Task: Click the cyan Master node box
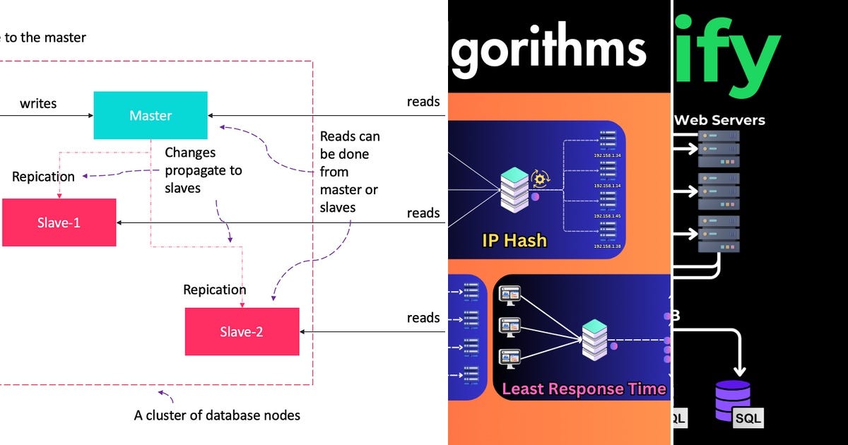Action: click(x=151, y=115)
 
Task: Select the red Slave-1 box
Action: click(x=59, y=222)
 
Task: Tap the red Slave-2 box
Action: click(x=241, y=331)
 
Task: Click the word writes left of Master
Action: click(x=38, y=104)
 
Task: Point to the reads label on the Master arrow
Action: click(x=423, y=102)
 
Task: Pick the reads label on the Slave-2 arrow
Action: click(x=423, y=318)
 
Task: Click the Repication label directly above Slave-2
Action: click(x=214, y=290)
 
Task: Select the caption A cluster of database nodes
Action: click(x=217, y=415)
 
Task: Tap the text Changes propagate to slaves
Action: click(x=203, y=170)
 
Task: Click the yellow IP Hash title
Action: click(x=514, y=240)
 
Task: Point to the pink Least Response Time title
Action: click(x=584, y=388)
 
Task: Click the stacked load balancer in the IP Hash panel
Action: click(x=514, y=189)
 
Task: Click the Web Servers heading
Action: click(x=719, y=120)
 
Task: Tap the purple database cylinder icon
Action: click(x=732, y=400)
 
